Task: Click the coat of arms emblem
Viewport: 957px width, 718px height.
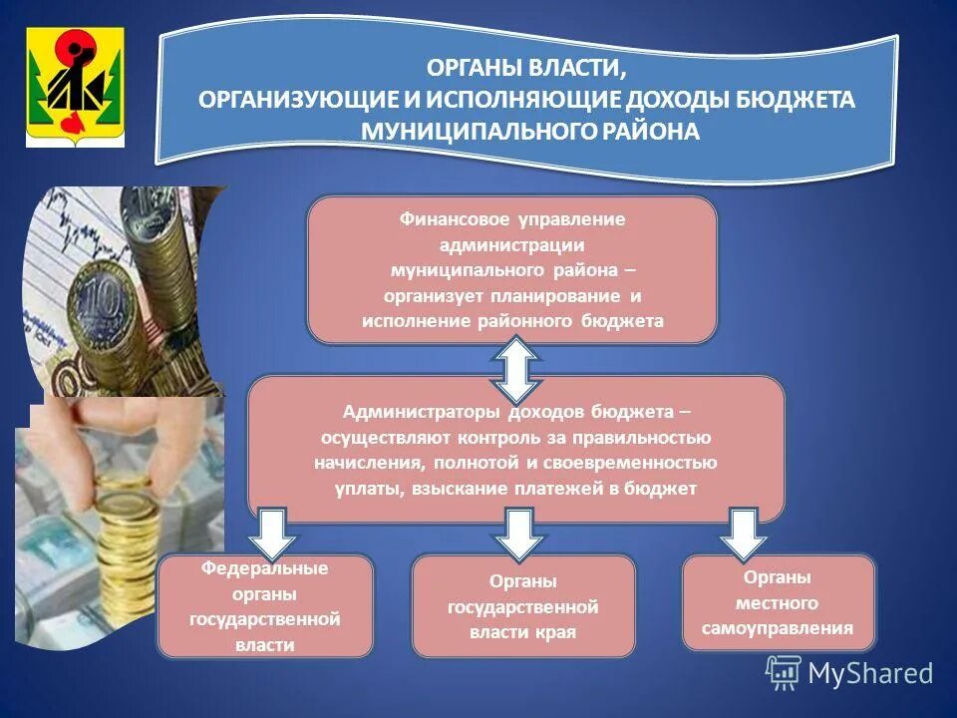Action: (x=75, y=87)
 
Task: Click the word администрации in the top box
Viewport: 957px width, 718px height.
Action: (x=510, y=244)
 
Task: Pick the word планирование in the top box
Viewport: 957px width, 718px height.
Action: (x=559, y=296)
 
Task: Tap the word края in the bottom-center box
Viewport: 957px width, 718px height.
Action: (x=559, y=632)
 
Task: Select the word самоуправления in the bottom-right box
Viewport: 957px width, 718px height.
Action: (x=778, y=628)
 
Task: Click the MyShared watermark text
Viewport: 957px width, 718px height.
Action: (x=869, y=673)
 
